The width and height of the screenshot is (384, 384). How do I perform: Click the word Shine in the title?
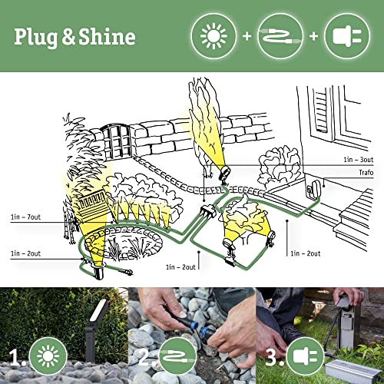[108, 37]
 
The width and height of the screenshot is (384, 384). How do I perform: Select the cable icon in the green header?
[280, 36]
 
